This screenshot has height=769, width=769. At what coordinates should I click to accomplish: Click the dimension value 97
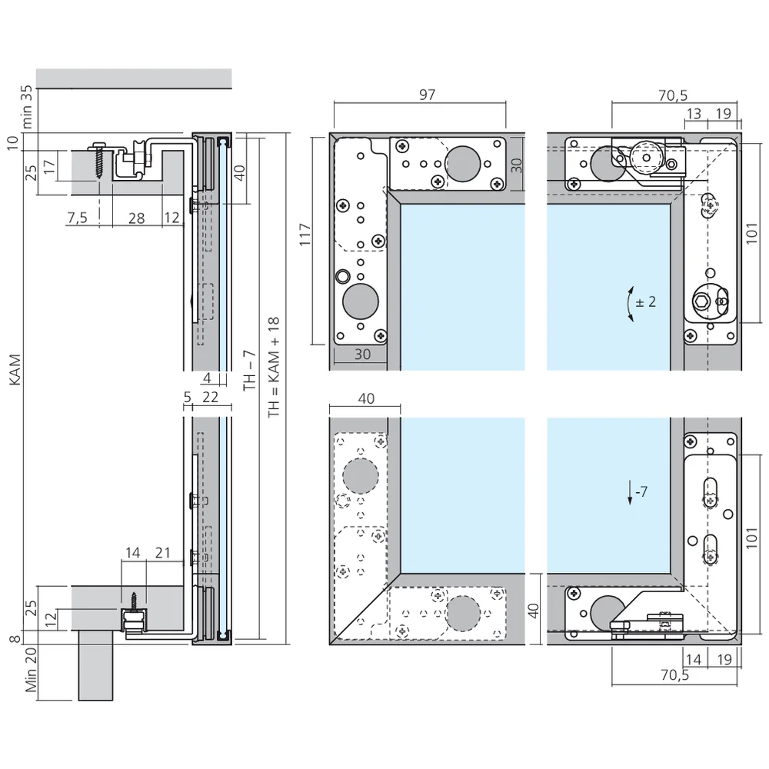click(x=427, y=94)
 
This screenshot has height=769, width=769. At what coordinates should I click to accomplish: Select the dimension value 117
click(x=305, y=235)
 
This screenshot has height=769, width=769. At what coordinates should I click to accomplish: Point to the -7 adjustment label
click(x=641, y=491)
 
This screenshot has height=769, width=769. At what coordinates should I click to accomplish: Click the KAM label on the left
click(x=15, y=370)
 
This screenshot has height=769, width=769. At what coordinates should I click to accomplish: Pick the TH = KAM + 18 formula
click(x=274, y=368)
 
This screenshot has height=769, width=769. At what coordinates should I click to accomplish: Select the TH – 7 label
click(x=250, y=371)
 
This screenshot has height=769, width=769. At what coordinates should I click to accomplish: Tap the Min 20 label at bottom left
click(x=31, y=670)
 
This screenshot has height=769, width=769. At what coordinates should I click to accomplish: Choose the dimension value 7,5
click(x=78, y=218)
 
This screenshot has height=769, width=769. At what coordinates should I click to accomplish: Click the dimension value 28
click(x=136, y=218)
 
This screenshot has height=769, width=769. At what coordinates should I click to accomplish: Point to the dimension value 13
click(x=694, y=113)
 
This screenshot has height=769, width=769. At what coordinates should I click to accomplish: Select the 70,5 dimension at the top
click(x=673, y=95)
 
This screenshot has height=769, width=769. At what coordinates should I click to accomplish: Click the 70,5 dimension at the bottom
click(x=675, y=675)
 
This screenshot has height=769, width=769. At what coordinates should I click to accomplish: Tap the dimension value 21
click(x=163, y=553)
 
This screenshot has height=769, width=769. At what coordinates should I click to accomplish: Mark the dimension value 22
click(x=210, y=397)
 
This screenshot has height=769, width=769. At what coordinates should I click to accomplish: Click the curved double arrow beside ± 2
click(x=631, y=304)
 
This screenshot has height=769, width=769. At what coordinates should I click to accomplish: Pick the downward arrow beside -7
click(x=631, y=493)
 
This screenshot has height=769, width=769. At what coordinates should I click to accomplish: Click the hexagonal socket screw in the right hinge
click(x=702, y=302)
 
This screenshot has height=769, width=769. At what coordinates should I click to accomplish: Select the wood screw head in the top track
click(x=98, y=145)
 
